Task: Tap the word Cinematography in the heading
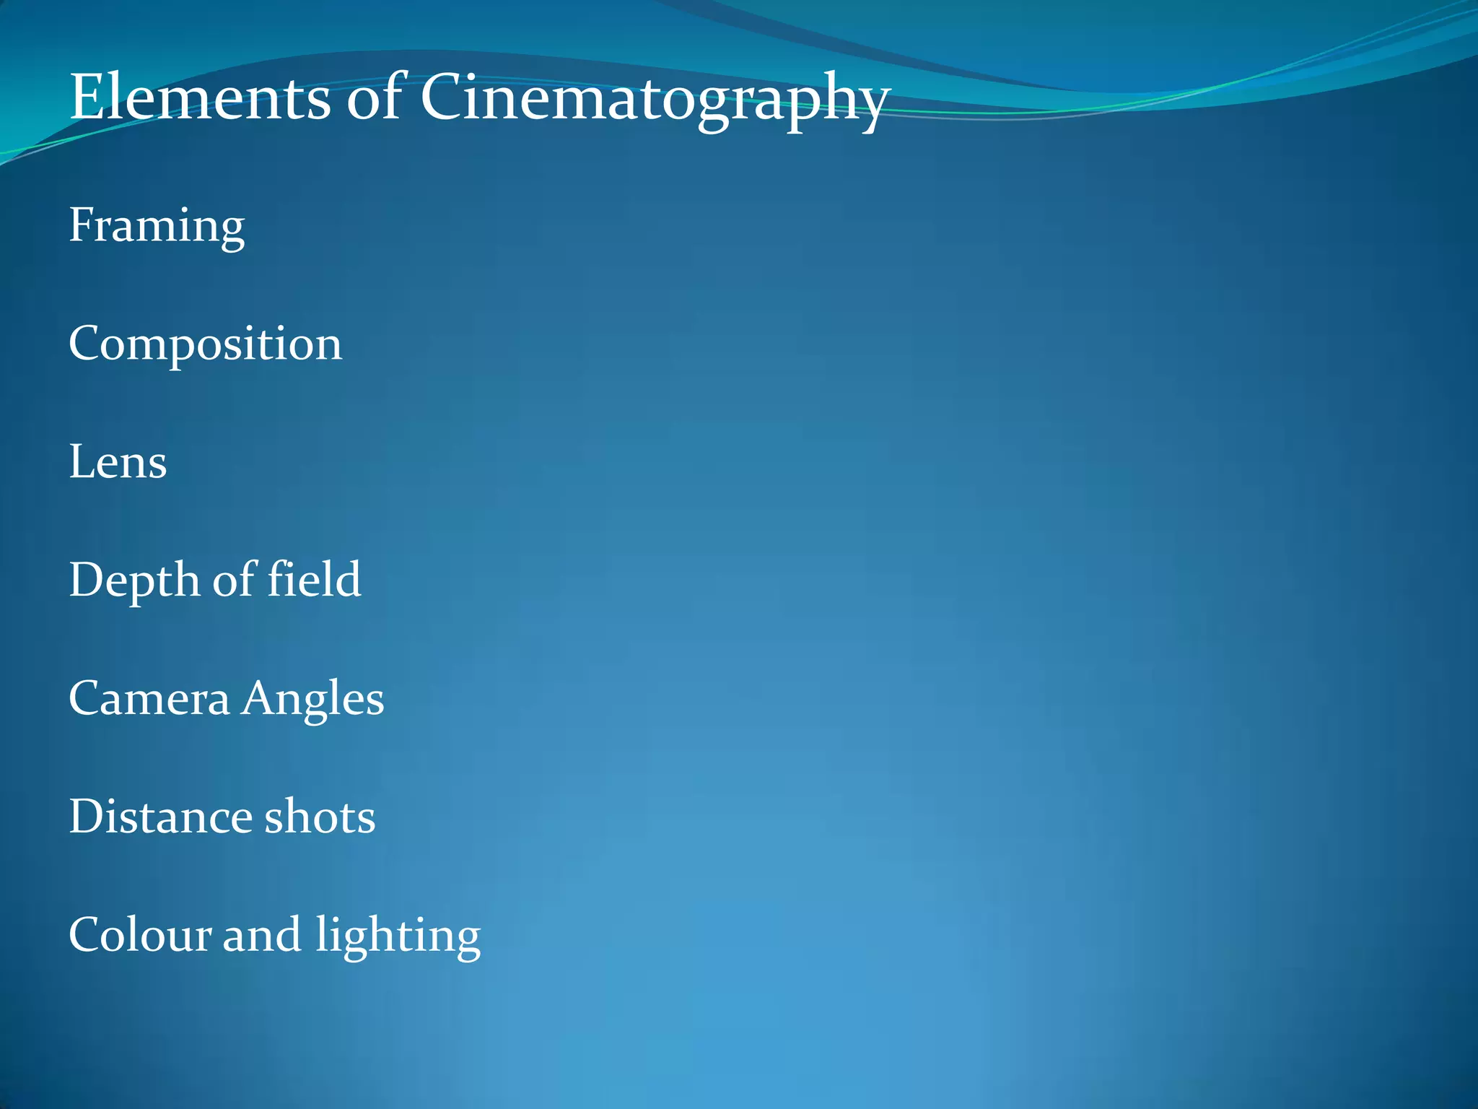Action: coord(654,99)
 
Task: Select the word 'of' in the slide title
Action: coord(375,97)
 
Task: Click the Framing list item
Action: coord(157,226)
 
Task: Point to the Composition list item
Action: coord(205,344)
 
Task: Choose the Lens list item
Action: coord(118,462)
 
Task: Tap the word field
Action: coord(314,580)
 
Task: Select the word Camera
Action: coord(149,699)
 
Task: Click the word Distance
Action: coord(161,817)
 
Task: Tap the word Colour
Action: coord(140,935)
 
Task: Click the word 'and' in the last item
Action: coord(261,935)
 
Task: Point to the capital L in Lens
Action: coord(82,462)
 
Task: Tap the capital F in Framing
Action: coord(82,225)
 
